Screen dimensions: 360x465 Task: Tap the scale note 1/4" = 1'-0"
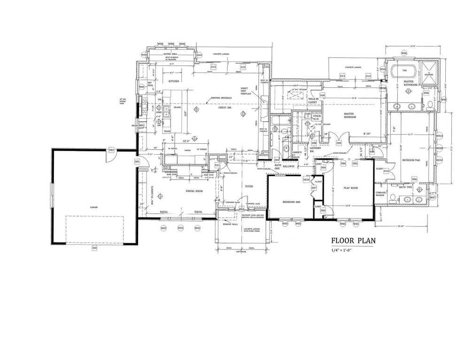[x=344, y=251]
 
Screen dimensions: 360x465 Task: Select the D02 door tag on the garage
[x=111, y=150]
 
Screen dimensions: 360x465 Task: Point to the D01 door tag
[x=138, y=162]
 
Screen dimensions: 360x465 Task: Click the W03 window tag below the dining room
[x=180, y=228]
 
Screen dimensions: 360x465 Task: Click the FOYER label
[x=249, y=187]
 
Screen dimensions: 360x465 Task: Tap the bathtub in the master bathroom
[x=404, y=72]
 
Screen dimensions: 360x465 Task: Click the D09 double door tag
[x=338, y=142]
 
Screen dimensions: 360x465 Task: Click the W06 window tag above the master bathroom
[x=404, y=53]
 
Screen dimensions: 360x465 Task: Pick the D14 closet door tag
[x=386, y=171]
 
